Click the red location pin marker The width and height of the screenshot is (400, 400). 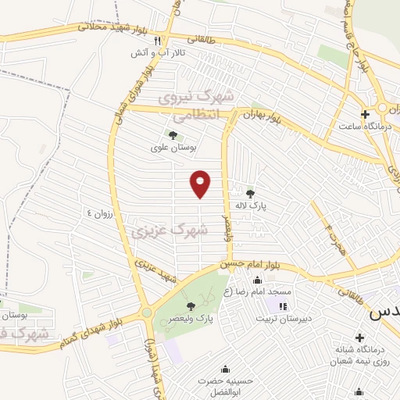(x=201, y=184)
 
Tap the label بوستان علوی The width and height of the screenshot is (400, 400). (x=173, y=147)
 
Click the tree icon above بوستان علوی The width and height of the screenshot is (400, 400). (x=173, y=135)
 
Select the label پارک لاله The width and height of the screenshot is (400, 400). (x=252, y=205)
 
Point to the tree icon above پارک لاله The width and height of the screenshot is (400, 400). (x=251, y=194)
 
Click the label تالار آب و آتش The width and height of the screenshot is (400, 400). (x=156, y=53)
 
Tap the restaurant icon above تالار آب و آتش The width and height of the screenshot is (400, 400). (x=157, y=41)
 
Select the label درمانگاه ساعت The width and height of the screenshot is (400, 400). (x=365, y=125)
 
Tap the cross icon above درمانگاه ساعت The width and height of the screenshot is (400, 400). (x=365, y=114)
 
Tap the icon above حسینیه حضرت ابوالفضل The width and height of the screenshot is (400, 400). (x=226, y=369)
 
